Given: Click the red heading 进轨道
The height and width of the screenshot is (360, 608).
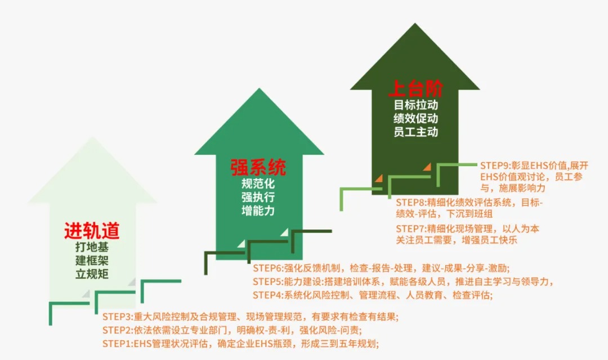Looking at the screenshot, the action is [92, 232].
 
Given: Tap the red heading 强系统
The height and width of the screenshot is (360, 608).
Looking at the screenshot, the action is [258, 167].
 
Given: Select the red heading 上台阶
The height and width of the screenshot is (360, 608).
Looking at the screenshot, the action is [415, 89].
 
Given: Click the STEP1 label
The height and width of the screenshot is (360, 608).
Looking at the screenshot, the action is [118, 344].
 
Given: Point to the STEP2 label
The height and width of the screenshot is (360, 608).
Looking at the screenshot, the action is [118, 330].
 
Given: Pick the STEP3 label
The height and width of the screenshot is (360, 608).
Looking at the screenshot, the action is [118, 317].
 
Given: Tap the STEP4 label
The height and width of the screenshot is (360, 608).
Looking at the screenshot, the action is [268, 295].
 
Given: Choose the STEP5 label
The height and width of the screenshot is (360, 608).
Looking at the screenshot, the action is [268, 281].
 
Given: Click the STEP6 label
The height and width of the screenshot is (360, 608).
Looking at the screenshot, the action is [268, 268].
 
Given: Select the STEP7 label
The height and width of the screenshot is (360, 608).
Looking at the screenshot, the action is [411, 229].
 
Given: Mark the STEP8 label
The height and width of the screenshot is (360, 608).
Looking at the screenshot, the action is [411, 202].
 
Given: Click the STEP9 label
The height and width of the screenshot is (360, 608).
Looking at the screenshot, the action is [495, 166].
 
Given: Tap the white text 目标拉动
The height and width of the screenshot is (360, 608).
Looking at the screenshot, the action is [415, 105].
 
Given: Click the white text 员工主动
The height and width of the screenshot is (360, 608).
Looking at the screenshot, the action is [415, 132].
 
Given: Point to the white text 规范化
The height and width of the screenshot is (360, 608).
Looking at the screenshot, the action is [258, 184].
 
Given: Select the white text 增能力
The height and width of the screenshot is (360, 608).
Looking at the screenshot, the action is [258, 211].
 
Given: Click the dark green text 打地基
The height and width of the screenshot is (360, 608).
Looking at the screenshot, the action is [92, 247].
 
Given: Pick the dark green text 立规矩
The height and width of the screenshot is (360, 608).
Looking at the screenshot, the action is [92, 274].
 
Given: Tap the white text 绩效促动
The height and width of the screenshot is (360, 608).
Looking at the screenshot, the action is [415, 118].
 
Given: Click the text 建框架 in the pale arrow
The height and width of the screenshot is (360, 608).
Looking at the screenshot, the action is [92, 260].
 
